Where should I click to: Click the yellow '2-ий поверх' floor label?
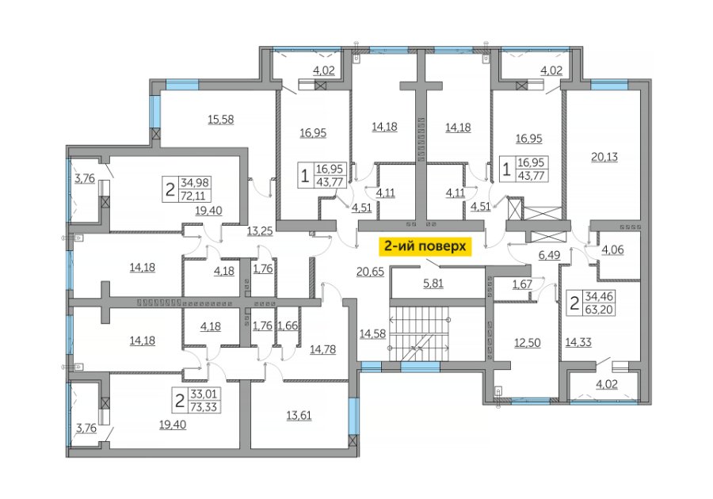click(x=425, y=246)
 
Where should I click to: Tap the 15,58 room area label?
click(x=220, y=120)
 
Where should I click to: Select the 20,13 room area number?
click(x=604, y=157)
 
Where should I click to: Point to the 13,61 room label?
click(x=299, y=415)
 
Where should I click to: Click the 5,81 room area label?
click(x=433, y=284)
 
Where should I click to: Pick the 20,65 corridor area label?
click(x=370, y=272)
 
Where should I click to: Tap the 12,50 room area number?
click(x=528, y=343)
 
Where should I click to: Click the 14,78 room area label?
click(x=323, y=349)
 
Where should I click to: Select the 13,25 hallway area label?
click(x=260, y=230)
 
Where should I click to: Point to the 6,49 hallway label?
click(x=549, y=255)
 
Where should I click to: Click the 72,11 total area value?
click(x=193, y=196)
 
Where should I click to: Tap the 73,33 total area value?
click(x=204, y=407)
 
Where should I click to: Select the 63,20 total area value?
click(x=600, y=310)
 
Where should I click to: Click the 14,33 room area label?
click(x=578, y=341)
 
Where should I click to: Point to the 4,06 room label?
click(x=612, y=249)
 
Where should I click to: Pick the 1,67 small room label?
click(x=522, y=284)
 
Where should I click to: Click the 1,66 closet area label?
click(x=288, y=326)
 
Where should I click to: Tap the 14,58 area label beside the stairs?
click(x=372, y=334)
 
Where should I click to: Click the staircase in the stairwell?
click(x=419, y=334)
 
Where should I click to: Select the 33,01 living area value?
click(x=204, y=394)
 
